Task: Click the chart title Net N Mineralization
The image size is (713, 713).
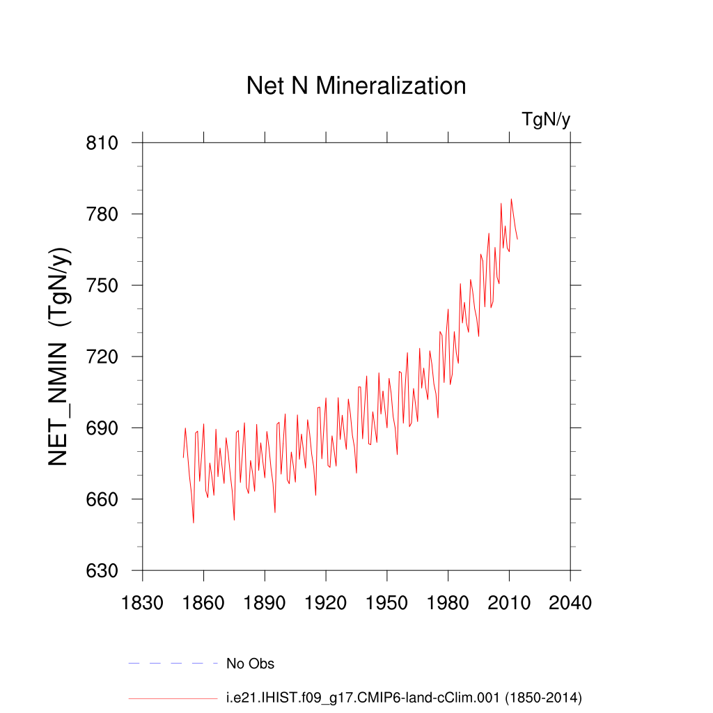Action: coord(356,86)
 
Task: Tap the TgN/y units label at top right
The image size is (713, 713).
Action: coord(546,120)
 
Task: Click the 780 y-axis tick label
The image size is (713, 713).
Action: coord(102,214)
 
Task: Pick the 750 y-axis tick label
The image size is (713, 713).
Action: coord(102,285)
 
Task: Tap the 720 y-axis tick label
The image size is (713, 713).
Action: coord(102,356)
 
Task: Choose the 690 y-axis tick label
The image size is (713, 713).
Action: coord(102,428)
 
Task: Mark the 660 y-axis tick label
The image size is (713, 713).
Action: coord(102,499)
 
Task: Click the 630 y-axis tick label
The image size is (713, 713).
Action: coord(102,571)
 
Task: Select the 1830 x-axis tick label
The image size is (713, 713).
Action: coord(142,602)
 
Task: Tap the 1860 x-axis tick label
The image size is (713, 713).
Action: coord(203,602)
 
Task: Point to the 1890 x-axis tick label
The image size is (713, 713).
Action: coord(265,602)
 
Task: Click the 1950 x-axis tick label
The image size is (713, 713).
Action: coord(386,602)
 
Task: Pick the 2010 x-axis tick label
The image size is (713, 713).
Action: coord(509,602)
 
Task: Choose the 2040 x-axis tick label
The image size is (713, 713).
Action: coord(570,602)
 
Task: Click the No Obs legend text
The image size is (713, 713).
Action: coord(250,664)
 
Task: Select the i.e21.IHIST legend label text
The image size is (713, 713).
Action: coord(404,697)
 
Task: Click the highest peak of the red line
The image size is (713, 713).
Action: coord(511,199)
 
